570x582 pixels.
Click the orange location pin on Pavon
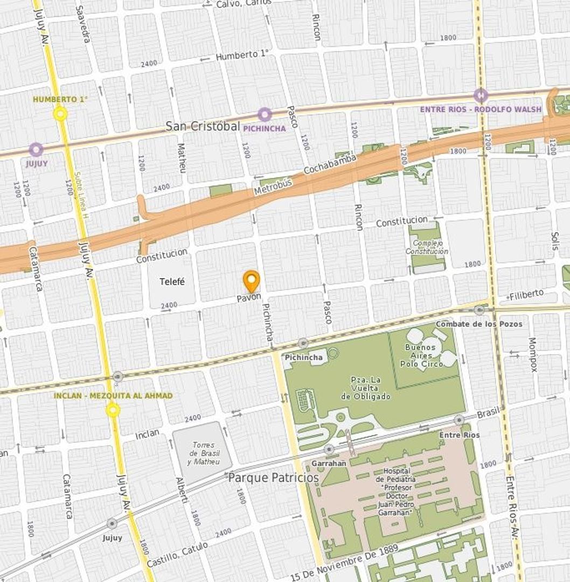point(251,281)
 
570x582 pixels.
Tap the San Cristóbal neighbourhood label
point(202,126)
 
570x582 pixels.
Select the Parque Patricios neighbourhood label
point(273,478)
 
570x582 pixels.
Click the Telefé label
point(172,281)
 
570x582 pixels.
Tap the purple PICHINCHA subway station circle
point(264,114)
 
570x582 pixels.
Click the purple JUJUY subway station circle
point(36,150)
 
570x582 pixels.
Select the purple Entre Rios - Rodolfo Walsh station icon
point(481,95)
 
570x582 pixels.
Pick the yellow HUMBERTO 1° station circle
point(60,114)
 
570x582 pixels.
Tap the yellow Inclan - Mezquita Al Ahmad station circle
point(113,411)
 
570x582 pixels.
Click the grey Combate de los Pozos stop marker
point(479,310)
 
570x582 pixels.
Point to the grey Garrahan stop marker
point(329,449)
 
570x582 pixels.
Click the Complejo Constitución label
point(427,247)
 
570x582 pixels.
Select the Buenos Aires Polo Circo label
point(421,355)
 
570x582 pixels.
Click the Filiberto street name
point(526,295)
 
